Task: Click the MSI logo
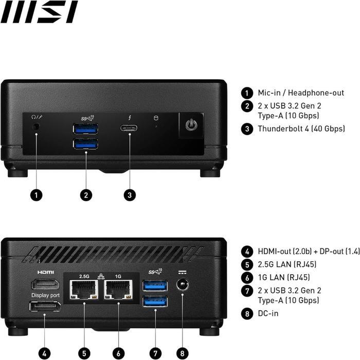[x=39, y=12]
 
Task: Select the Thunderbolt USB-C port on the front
[x=129, y=128]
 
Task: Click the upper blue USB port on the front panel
[x=86, y=129]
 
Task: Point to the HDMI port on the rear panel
[x=45, y=284]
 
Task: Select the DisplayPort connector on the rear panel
[x=45, y=307]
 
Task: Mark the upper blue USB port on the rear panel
[x=155, y=285]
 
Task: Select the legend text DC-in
[x=268, y=313]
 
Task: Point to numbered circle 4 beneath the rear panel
[x=45, y=353]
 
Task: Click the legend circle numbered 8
[x=247, y=313]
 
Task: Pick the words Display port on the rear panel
[x=46, y=295]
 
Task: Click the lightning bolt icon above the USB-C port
[x=129, y=117]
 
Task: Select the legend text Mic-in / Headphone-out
[x=301, y=93]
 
